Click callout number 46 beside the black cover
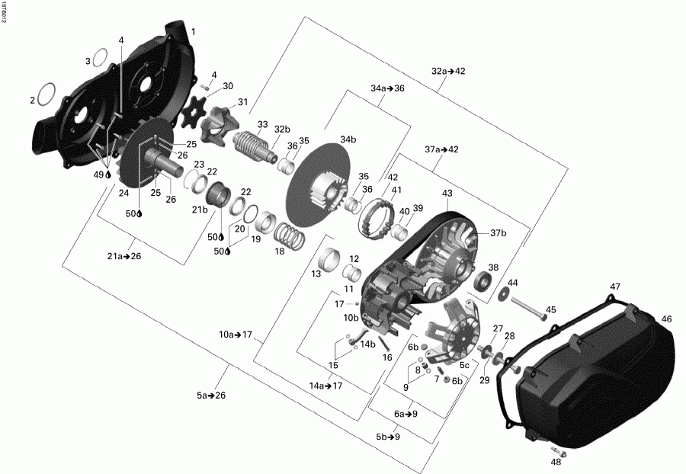coord(666,319)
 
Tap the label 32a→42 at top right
coord(448,71)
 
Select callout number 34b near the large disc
coord(348,139)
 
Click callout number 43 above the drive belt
coord(447,194)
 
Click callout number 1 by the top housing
coord(193,32)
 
